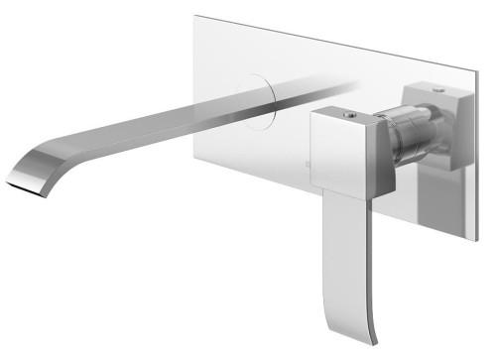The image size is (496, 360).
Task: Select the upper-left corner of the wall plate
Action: [194, 13]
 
